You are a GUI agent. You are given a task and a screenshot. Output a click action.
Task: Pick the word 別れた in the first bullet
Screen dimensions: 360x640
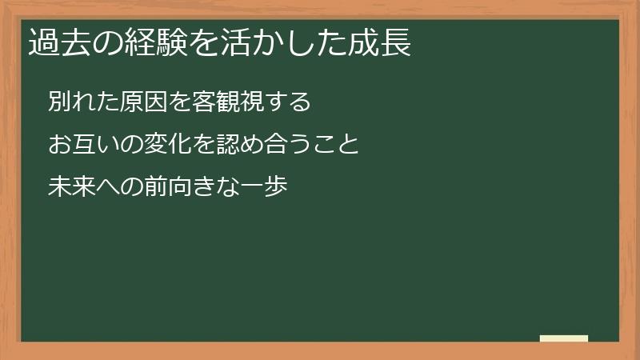click(83, 102)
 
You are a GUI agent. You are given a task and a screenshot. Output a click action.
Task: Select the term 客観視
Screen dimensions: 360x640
click(224, 102)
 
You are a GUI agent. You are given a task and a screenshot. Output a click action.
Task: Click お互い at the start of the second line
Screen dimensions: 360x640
click(83, 145)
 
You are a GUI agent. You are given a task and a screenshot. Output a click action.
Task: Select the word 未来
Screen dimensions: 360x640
click(72, 187)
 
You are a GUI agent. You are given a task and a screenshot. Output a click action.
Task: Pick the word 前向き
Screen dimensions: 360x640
click(178, 187)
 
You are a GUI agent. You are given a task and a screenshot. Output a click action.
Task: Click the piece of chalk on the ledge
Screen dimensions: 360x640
click(564, 339)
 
